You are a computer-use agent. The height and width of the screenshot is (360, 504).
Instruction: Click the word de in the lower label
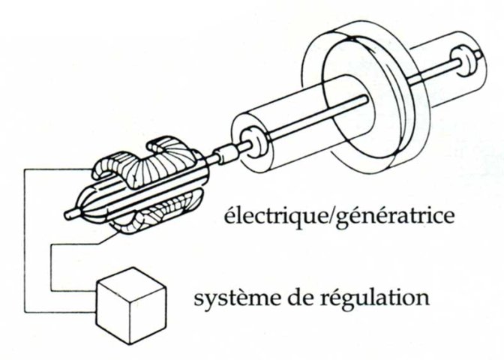click(x=300, y=297)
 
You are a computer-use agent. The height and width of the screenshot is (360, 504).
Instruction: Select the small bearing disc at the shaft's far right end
click(x=462, y=62)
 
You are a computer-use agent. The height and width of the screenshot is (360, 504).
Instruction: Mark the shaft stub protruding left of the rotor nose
click(x=70, y=214)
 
